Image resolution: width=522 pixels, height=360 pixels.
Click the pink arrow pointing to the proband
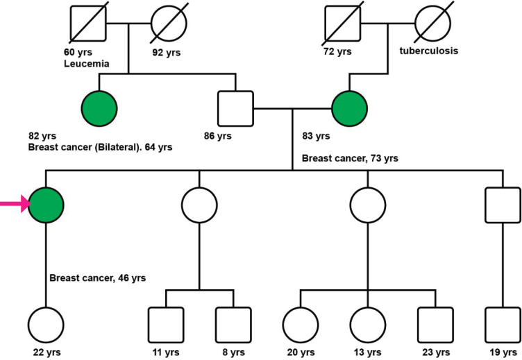12,204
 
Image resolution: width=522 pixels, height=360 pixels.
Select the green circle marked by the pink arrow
46,205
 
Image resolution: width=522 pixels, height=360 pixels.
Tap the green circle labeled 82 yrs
99,109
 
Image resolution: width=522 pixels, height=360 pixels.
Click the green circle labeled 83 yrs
349,109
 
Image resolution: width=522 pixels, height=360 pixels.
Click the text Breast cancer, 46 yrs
98,278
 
